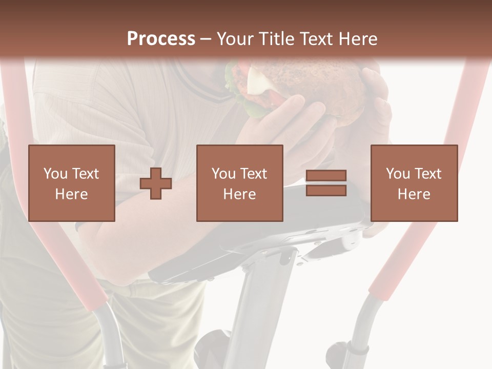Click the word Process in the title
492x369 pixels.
click(x=161, y=39)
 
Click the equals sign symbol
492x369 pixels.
click(x=326, y=183)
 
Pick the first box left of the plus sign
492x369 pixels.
click(x=71, y=183)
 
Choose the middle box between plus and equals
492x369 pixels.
click(x=239, y=183)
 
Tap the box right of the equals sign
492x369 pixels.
click(x=414, y=183)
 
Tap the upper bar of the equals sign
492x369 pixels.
click(x=326, y=176)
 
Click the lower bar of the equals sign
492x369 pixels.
click(x=326, y=190)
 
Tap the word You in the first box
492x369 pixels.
click(x=55, y=174)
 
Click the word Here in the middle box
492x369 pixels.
click(x=239, y=194)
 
